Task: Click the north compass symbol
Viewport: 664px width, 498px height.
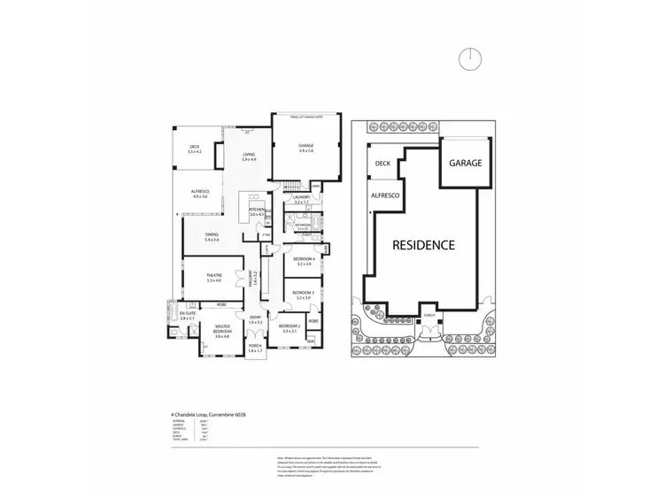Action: point(471,58)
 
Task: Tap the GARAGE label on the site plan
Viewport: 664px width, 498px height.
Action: point(465,164)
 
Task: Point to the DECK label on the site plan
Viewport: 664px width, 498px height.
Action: point(382,164)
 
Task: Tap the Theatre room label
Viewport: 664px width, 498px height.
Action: point(212,277)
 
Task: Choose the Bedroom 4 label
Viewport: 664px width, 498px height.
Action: point(304,260)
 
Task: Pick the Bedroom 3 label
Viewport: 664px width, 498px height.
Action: point(304,293)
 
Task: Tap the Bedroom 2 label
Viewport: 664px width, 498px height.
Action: point(290,327)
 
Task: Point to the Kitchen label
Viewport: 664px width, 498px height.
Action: point(259,211)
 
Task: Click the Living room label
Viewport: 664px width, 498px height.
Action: point(249,157)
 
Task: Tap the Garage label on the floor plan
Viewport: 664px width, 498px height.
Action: point(305,148)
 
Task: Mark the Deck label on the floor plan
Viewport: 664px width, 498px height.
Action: point(195,149)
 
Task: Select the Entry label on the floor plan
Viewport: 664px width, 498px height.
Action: point(255,319)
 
